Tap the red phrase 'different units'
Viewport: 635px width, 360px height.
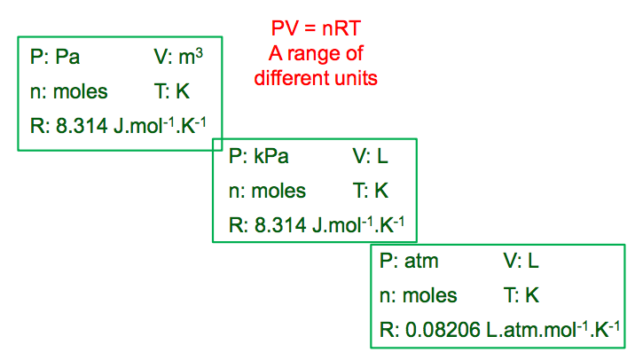316,78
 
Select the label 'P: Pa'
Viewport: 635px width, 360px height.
55,58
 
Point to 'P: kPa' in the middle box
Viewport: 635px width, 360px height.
258,157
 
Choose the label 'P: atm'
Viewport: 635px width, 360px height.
409,262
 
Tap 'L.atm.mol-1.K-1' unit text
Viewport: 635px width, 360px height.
553,329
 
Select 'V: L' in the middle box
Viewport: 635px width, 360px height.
370,157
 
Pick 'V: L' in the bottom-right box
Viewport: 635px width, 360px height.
521,262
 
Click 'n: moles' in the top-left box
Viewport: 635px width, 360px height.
68,91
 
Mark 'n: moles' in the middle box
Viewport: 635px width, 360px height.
267,191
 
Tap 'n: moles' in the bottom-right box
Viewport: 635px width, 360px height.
418,295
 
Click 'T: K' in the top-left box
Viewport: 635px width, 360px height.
171,91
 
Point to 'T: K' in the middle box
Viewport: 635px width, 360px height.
370,191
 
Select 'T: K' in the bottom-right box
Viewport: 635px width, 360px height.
521,295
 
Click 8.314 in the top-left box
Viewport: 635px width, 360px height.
82,125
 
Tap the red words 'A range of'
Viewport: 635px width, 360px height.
316,53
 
